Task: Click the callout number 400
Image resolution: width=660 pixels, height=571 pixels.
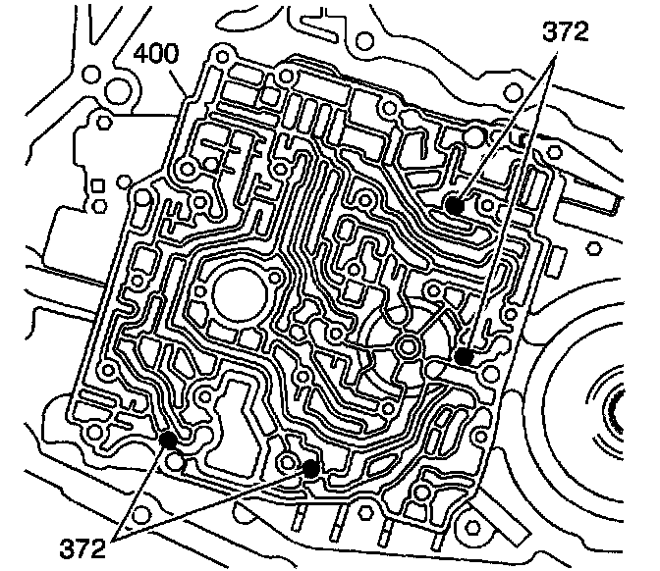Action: tap(156, 53)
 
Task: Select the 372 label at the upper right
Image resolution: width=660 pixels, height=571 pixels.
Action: tap(565, 32)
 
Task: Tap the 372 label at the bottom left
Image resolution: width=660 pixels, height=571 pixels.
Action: tap(82, 547)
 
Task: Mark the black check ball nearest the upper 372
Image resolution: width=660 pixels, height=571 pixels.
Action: tap(455, 205)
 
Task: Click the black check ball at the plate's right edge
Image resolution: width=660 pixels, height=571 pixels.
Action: tap(464, 356)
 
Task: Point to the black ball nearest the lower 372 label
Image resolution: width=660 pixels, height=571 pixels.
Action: tap(168, 440)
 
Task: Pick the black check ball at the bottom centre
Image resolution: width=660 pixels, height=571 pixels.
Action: tap(310, 468)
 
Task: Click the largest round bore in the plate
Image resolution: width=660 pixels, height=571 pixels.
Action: tap(240, 294)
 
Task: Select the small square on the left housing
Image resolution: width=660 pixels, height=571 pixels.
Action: tap(97, 185)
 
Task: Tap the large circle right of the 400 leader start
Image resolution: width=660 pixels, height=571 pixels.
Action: tap(119, 91)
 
